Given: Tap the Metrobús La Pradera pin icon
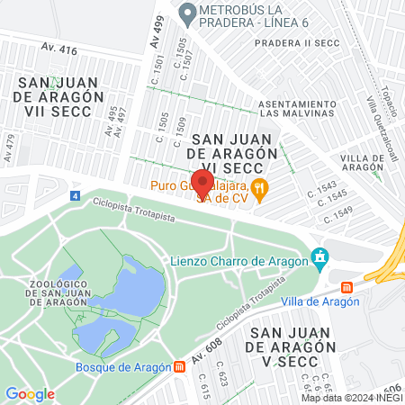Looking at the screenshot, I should click(187, 13).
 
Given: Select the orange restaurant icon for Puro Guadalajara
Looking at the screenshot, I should click(260, 187).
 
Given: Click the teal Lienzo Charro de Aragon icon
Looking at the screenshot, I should click(319, 259).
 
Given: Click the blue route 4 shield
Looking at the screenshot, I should click(73, 195).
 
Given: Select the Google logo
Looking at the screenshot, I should click(30, 393).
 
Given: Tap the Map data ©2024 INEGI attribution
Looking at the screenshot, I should click(351, 398).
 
